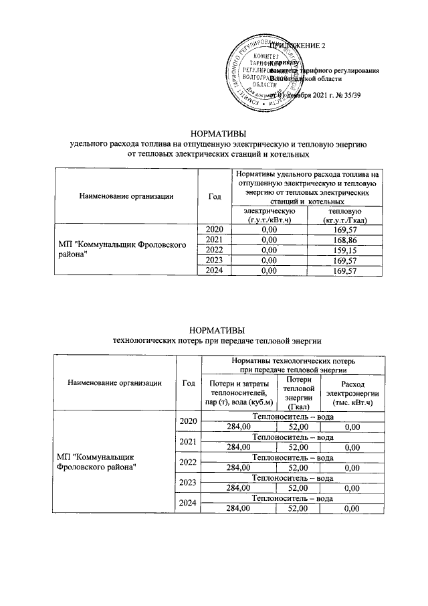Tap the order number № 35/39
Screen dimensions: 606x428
[346, 96]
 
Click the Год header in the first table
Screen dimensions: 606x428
[214, 196]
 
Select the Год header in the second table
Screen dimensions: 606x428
[188, 383]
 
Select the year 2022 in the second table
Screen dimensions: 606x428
[188, 462]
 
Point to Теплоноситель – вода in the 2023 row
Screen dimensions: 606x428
[292, 479]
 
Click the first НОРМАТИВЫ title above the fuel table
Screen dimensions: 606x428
[218, 133]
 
